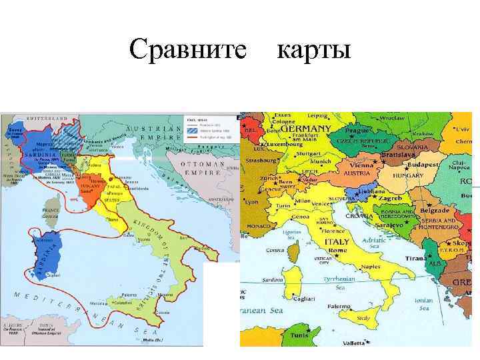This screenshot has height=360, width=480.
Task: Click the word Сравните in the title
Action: (189, 49)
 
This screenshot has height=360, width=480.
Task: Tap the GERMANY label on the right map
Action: (306, 128)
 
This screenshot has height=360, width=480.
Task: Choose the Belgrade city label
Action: (435, 211)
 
